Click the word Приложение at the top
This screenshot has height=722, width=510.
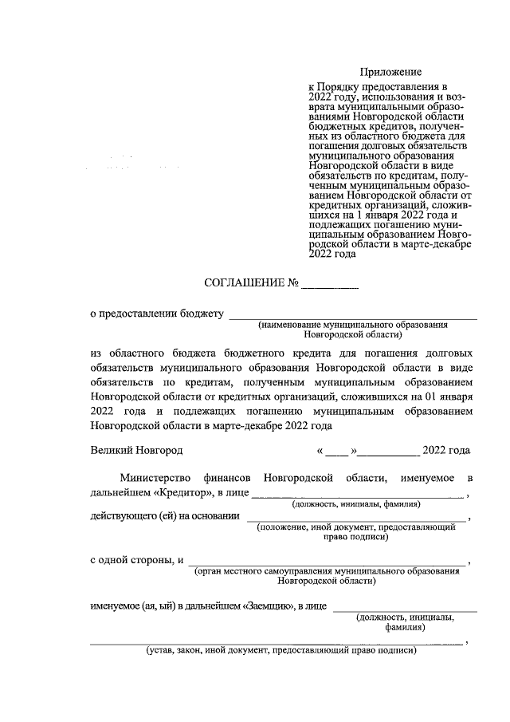pyautogui.click(x=390, y=73)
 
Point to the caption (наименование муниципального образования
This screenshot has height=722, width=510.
pyautogui.click(x=352, y=326)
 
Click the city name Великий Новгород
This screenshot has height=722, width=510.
pyautogui.click(x=136, y=450)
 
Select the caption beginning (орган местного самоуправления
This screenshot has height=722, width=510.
pyautogui.click(x=327, y=571)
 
